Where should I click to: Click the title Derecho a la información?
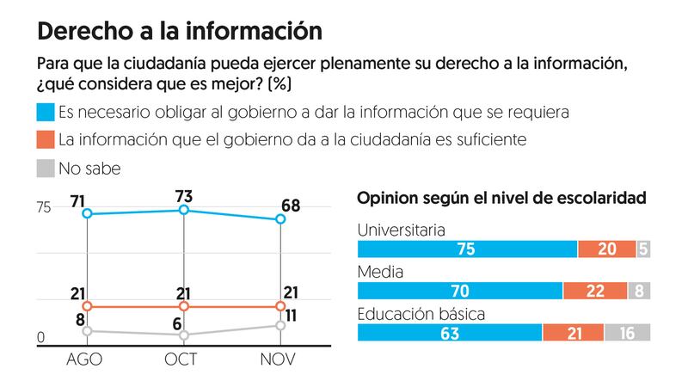(180, 32)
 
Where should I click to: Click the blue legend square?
(44, 112)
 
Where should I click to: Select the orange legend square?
(44, 139)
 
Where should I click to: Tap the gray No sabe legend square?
(44, 168)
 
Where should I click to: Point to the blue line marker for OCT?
(183, 210)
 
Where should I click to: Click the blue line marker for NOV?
(280, 219)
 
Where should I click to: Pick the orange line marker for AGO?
(85, 306)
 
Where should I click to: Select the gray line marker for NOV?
(280, 325)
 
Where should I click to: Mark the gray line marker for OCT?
(183, 335)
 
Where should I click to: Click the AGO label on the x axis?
(84, 360)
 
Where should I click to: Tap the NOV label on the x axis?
(279, 360)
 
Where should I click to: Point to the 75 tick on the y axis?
(44, 207)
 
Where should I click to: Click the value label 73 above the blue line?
(183, 195)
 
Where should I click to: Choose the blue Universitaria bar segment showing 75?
(467, 249)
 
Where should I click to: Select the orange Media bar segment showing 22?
(594, 291)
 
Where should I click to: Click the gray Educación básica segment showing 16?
(627, 333)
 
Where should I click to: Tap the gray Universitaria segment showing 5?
(643, 249)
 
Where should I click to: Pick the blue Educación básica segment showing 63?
(449, 333)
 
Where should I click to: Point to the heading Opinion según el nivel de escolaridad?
(501, 199)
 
